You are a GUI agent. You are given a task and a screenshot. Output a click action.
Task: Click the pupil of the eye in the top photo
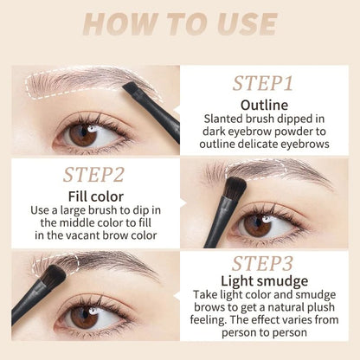[82, 135]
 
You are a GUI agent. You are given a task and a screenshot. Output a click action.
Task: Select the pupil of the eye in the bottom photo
[83, 318]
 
